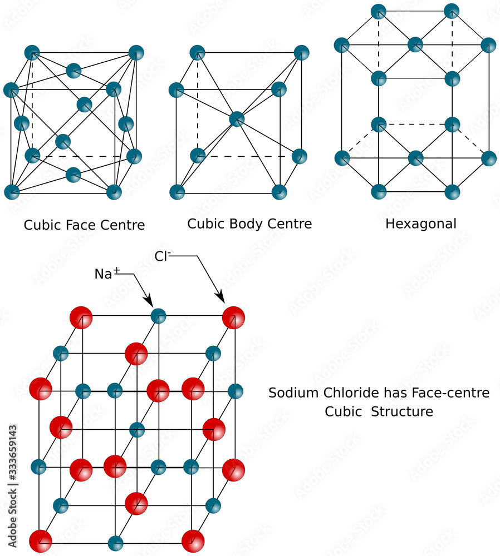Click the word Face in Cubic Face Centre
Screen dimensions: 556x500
click(84, 225)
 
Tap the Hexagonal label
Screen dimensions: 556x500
click(420, 224)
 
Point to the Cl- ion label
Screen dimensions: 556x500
click(162, 256)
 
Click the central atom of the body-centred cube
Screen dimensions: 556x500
click(237, 118)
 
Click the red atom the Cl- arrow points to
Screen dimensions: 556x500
click(233, 317)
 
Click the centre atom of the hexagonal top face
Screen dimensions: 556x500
click(415, 44)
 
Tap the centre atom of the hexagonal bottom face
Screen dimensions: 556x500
click(415, 158)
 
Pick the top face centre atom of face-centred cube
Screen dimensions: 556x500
click(73, 71)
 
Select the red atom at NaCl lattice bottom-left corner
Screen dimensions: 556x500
click(40, 541)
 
